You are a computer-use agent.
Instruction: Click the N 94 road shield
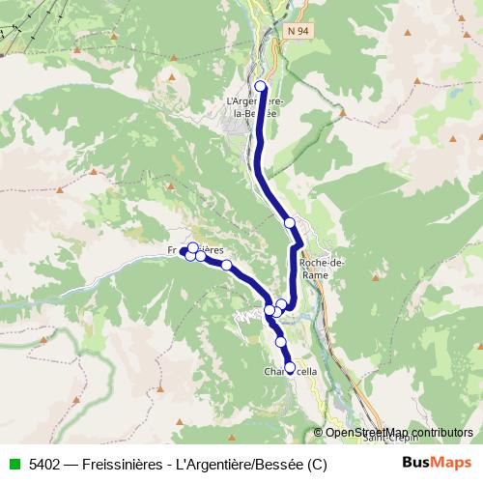click(299, 32)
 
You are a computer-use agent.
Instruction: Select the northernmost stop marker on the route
click(260, 86)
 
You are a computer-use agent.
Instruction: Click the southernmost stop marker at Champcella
click(290, 367)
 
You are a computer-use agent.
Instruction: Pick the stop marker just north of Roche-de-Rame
click(289, 223)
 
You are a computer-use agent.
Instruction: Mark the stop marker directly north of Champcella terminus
click(281, 342)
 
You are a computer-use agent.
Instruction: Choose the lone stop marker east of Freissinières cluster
click(226, 265)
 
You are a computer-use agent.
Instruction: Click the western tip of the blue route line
click(183, 251)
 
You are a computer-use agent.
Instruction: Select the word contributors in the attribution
click(439, 433)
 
